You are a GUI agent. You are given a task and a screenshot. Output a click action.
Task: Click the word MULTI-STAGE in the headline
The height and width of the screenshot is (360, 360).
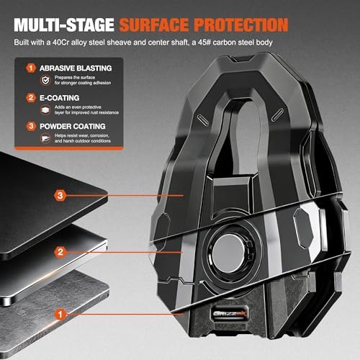click(x=64, y=24)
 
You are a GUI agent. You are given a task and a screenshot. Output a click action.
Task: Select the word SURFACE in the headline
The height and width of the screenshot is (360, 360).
click(x=154, y=24)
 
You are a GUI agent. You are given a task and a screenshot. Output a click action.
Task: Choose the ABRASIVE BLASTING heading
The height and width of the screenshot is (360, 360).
click(x=76, y=68)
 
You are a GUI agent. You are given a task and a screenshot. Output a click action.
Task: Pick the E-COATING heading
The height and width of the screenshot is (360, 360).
click(x=60, y=98)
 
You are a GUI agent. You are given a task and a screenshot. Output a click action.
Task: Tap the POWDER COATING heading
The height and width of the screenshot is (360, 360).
click(x=73, y=126)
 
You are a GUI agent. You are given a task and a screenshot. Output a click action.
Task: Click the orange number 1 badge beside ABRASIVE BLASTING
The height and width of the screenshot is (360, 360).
click(x=31, y=68)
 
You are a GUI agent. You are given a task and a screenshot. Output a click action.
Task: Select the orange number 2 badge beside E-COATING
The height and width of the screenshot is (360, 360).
click(x=31, y=98)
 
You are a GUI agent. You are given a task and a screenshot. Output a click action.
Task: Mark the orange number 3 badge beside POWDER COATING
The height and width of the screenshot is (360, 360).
click(x=31, y=126)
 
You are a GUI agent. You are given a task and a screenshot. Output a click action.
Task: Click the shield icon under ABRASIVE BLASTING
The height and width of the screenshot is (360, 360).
click(x=45, y=80)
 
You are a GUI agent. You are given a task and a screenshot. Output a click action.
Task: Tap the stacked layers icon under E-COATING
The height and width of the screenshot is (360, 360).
click(x=45, y=110)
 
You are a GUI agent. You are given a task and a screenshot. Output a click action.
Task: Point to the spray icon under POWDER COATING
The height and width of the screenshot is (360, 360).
click(x=45, y=138)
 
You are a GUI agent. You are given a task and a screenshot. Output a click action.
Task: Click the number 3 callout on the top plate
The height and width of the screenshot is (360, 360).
click(x=60, y=195)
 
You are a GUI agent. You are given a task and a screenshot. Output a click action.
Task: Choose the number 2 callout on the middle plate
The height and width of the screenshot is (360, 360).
click(x=60, y=252)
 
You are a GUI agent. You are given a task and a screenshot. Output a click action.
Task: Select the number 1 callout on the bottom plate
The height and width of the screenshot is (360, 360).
click(x=60, y=314)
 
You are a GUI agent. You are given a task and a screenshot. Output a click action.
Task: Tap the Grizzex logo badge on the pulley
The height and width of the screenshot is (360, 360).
click(x=230, y=314)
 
